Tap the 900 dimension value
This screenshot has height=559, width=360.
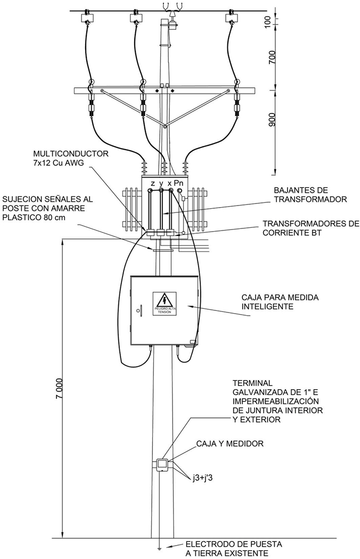(272, 120)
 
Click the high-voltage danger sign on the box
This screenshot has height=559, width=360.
(165, 303)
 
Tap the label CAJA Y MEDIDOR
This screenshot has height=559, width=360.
(230, 443)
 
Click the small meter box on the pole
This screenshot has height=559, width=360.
(162, 465)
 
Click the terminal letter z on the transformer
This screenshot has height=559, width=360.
(153, 184)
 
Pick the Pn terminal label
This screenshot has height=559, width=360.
(179, 183)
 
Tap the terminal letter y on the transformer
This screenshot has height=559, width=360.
(161, 184)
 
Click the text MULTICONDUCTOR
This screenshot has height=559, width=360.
(71, 154)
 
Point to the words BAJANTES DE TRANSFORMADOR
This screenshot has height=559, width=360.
(310, 195)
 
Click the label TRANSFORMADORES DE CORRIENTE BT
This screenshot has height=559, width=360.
(311, 228)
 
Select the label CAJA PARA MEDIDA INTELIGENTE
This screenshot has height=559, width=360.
(280, 302)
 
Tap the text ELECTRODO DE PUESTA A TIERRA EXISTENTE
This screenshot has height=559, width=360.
(234, 549)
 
